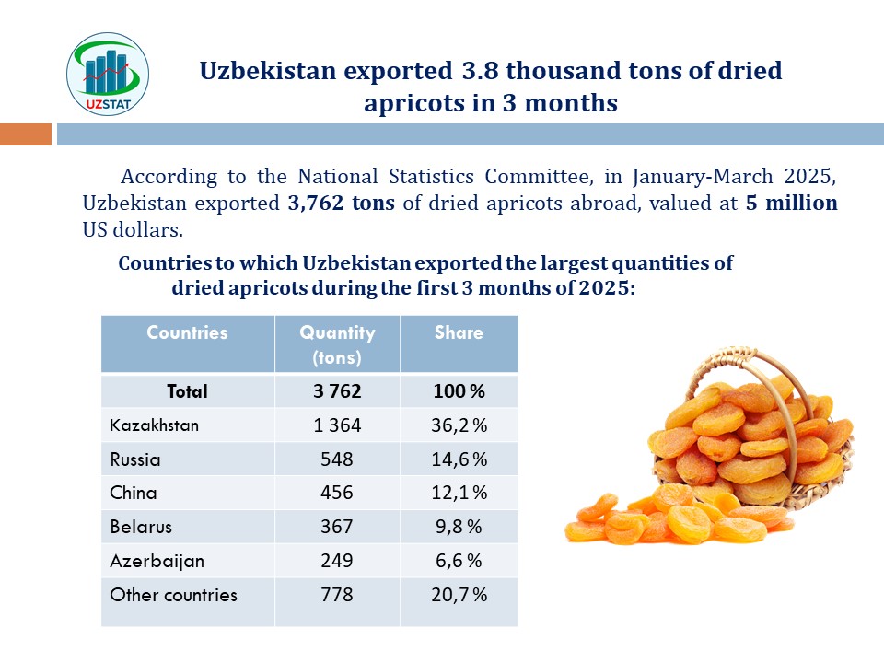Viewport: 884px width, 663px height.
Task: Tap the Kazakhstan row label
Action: [x=154, y=425]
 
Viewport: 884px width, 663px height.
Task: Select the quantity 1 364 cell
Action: [x=337, y=425]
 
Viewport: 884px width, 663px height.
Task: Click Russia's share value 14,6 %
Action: [x=459, y=459]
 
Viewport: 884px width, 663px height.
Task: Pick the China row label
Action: [x=133, y=493]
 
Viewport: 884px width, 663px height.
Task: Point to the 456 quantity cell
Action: [x=337, y=493]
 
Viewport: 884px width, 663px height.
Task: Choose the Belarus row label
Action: [x=140, y=527]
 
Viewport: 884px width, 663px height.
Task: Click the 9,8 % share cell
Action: [x=459, y=527]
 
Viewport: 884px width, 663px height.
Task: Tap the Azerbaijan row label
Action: [x=157, y=561]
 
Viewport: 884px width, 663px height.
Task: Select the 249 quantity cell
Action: [x=337, y=561]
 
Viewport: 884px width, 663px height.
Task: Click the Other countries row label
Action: [x=173, y=595]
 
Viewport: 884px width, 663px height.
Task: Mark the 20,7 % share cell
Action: [x=459, y=595]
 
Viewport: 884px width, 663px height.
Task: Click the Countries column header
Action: [x=187, y=332]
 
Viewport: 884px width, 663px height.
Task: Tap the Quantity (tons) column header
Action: [x=337, y=343]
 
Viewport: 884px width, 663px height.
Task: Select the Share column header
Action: [x=459, y=332]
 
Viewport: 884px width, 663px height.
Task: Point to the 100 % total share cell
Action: [x=459, y=391]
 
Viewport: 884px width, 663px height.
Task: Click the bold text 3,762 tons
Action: [x=341, y=204]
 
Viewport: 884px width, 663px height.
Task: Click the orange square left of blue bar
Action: [x=26, y=134]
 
